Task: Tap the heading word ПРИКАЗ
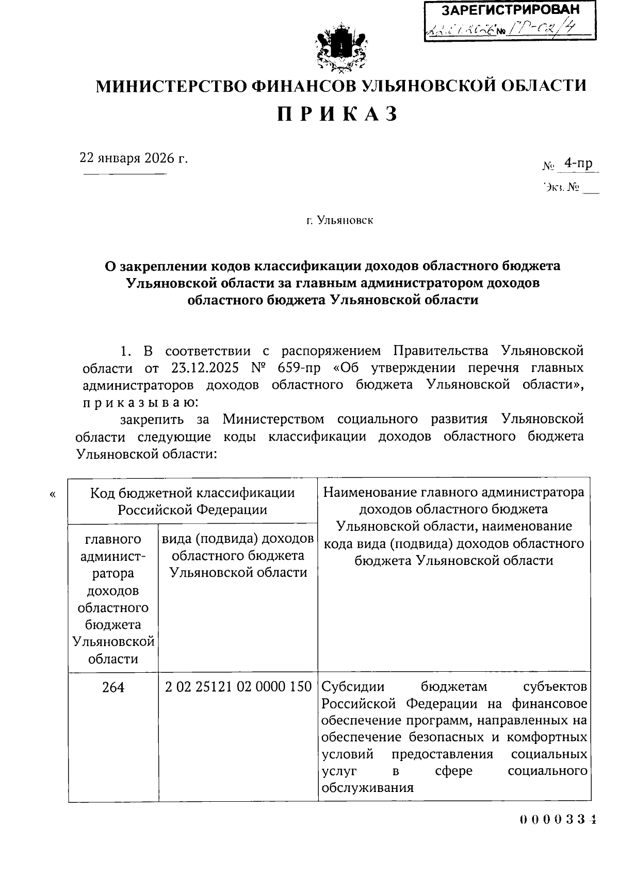point(338,114)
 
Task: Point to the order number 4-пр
point(578,164)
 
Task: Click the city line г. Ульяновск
point(339,221)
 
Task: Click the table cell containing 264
point(113,687)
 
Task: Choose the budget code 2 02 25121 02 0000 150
point(238,687)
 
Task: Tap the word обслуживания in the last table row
point(368,788)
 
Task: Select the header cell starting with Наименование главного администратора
point(454,526)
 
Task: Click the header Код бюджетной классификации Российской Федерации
point(192,501)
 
